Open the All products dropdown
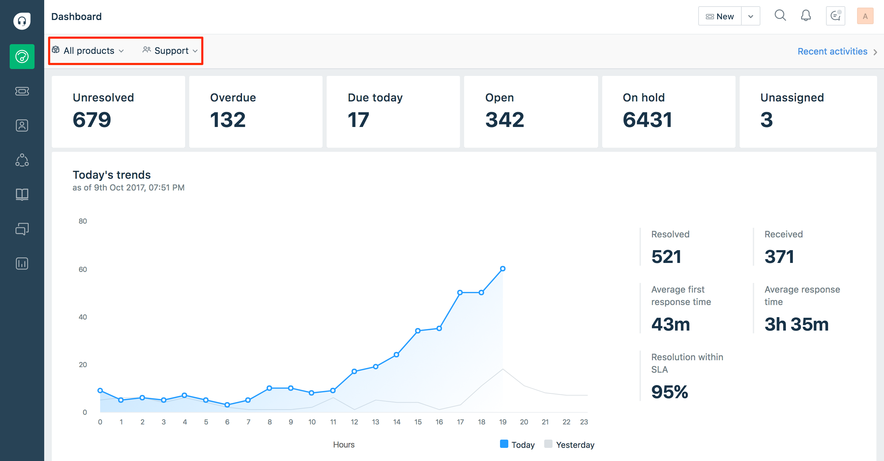tap(88, 51)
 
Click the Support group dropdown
tap(171, 51)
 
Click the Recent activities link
tap(832, 51)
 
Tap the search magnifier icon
tap(780, 16)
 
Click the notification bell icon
tap(806, 16)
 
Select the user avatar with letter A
tap(865, 16)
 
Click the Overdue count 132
tap(228, 120)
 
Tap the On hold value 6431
tap(647, 120)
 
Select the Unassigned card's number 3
tap(766, 120)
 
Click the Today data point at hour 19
tap(503, 268)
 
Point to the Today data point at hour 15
tap(418, 331)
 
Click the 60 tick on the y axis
tap(83, 269)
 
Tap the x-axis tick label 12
tap(354, 422)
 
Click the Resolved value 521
tap(666, 257)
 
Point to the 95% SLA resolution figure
tap(670, 392)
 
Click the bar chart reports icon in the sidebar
tap(22, 264)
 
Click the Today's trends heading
tap(112, 175)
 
